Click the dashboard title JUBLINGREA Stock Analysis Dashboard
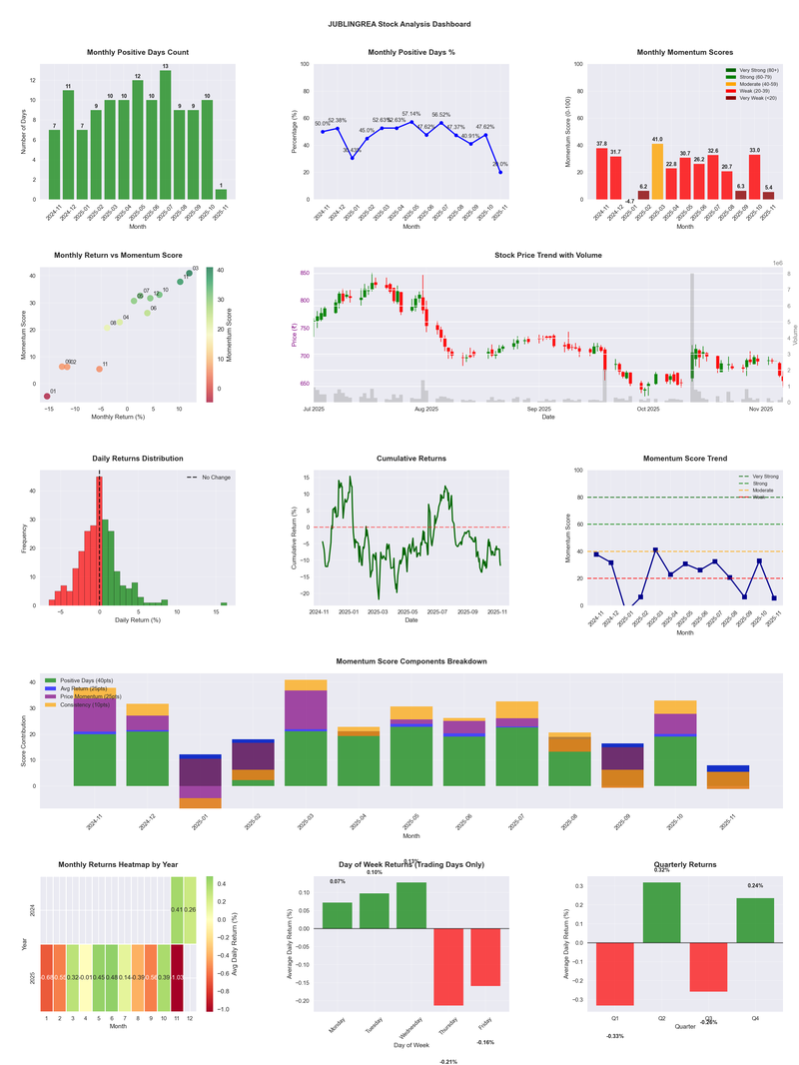point(399,23)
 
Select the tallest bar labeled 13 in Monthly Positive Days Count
point(165,135)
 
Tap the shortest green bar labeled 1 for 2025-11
point(221,194)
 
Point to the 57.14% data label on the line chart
point(411,114)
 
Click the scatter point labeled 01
point(46,397)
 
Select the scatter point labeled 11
point(99,369)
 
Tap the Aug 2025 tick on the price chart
point(426,409)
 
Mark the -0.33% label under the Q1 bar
point(615,1036)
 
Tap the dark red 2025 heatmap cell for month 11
point(178,977)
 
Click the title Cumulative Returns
point(411,459)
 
